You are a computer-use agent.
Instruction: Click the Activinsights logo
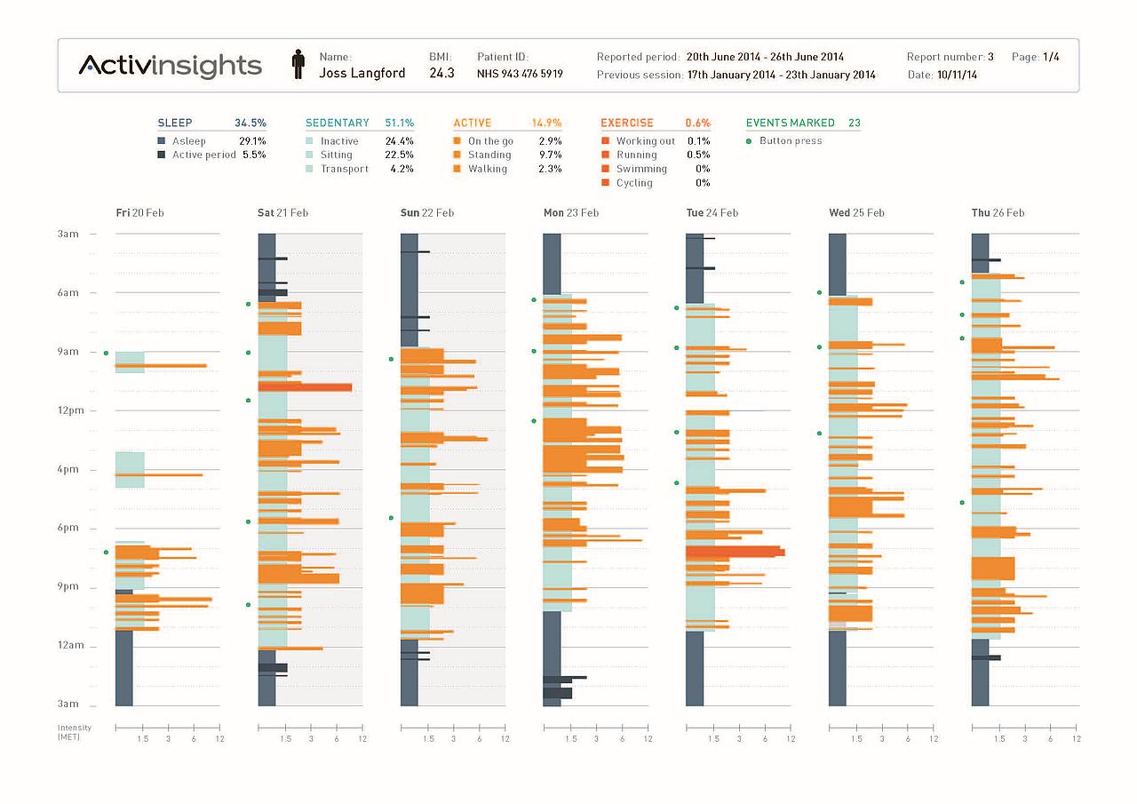pos(170,66)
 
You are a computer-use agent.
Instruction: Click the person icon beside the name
pos(298,65)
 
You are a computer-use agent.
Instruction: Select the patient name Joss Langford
pos(362,74)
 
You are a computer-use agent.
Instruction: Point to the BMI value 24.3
pos(441,74)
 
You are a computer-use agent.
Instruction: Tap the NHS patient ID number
pos(520,75)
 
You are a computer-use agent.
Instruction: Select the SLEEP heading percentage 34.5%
pos(250,123)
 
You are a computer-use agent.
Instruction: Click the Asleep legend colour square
pos(162,141)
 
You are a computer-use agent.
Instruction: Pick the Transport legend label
pos(344,169)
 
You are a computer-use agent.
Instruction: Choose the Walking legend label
pos(488,169)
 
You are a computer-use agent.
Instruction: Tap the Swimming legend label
pos(641,169)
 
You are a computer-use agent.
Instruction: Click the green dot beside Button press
pos(749,141)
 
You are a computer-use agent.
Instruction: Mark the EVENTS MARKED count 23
pos(854,123)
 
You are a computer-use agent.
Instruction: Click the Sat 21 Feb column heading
pos(282,213)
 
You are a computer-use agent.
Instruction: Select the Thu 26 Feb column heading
pos(998,213)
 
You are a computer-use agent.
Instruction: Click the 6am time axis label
pos(68,293)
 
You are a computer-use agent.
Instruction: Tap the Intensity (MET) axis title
pos(68,732)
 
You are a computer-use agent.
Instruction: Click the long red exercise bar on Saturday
pos(305,387)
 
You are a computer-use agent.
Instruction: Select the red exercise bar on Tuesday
pos(735,552)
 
